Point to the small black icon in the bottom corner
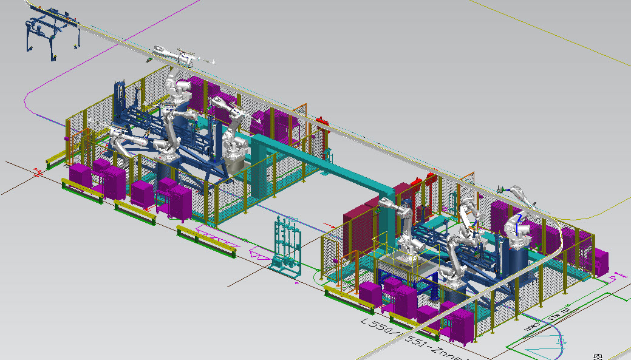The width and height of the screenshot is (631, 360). [x=598, y=356]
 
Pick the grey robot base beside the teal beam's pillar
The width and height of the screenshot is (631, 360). [x=235, y=159]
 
